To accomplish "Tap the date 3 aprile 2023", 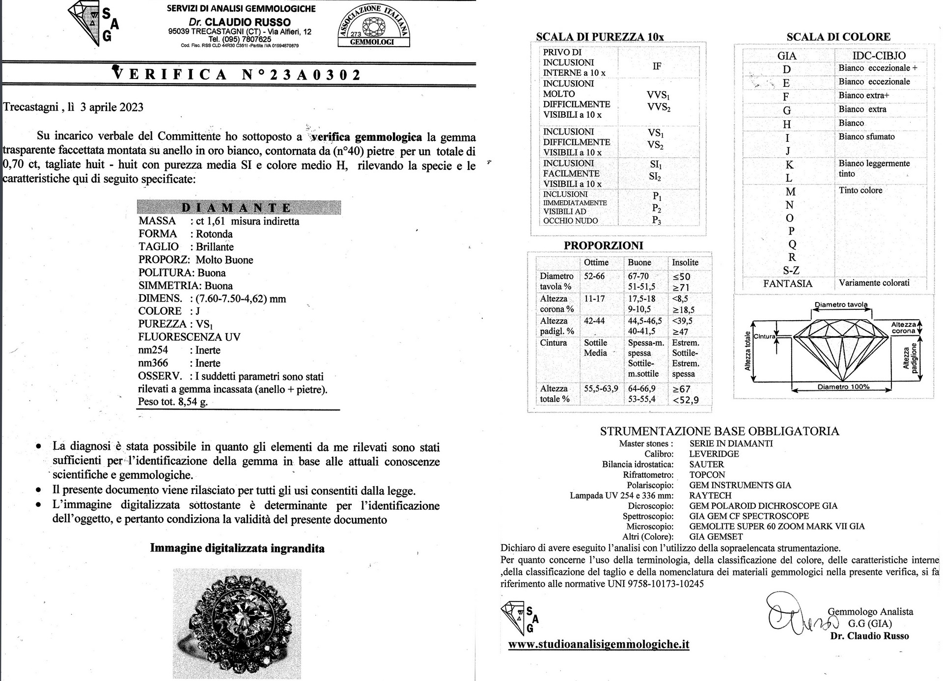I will tap(112, 107).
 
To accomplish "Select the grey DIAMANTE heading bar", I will tap(238, 207).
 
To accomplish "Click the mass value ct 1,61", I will tap(212, 221).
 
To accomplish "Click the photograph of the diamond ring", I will tap(237, 624).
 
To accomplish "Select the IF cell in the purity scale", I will tap(657, 66).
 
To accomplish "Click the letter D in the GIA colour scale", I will tap(786, 69).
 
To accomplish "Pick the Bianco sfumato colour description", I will tap(866, 136).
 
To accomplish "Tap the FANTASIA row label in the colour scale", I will tap(787, 283).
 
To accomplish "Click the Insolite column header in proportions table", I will tap(685, 263).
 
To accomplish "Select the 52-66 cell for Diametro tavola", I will tap(594, 276).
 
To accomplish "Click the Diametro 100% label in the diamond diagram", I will tap(843, 387).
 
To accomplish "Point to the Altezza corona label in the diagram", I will tap(904, 327).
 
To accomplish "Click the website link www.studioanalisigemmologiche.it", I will tap(598, 644).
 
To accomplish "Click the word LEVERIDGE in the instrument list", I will tap(714, 454).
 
